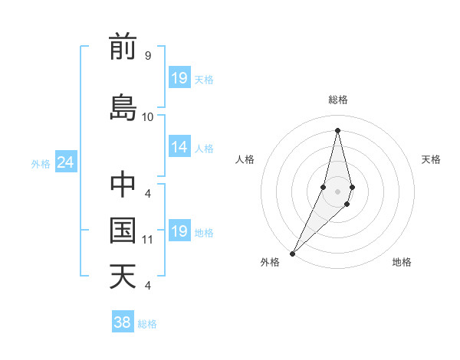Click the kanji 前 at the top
(x=123, y=47)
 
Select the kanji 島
(x=123, y=107)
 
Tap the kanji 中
(x=123, y=185)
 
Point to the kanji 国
(x=123, y=230)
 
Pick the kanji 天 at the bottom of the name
(x=123, y=276)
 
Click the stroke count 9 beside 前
(x=147, y=56)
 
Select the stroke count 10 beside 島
(x=148, y=117)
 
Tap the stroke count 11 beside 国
(x=148, y=240)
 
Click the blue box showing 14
(x=179, y=147)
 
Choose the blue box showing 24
(x=65, y=162)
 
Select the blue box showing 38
(x=122, y=322)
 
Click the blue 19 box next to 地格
(x=179, y=231)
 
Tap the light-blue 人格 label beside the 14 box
(x=204, y=148)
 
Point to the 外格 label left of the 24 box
(x=41, y=163)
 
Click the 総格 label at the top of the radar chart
(x=337, y=100)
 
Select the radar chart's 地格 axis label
(x=402, y=263)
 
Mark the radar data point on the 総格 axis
(x=337, y=129)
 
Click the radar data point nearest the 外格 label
(x=292, y=252)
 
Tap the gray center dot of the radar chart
(x=337, y=191)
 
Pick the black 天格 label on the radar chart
(x=431, y=159)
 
